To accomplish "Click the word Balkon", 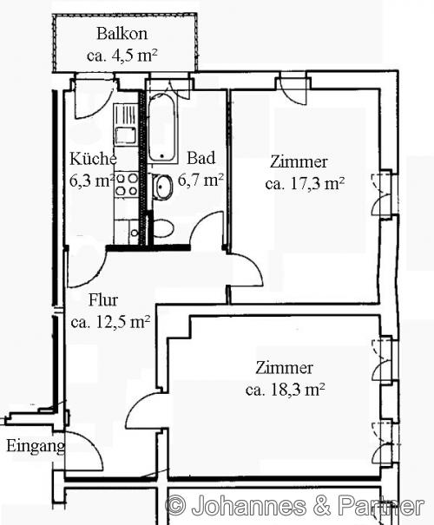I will click(x=122, y=35).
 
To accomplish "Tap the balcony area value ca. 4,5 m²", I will click(x=122, y=56).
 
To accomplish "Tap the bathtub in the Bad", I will click(x=162, y=128).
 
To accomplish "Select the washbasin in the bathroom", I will click(x=162, y=187).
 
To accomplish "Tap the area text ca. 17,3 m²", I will click(x=306, y=183).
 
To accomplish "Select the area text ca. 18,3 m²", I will click(x=286, y=389).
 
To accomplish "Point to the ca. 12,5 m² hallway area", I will click(x=110, y=321).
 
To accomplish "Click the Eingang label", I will click(x=36, y=447).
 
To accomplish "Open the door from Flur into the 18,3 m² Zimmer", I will click(x=143, y=410).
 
